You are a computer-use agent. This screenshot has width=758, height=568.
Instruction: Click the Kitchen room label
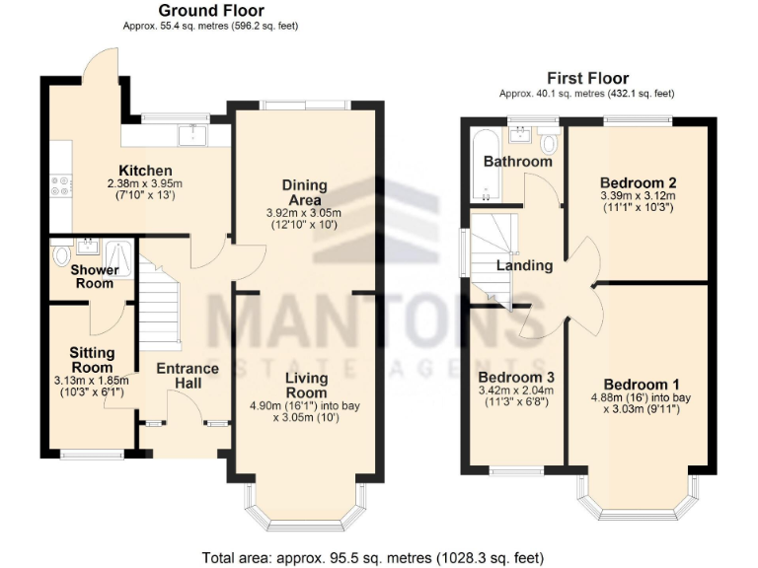tap(145, 171)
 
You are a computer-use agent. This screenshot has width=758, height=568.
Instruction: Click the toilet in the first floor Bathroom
tap(549, 145)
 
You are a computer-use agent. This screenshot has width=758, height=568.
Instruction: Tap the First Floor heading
tap(587, 78)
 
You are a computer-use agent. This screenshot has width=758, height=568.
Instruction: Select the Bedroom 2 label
tap(638, 182)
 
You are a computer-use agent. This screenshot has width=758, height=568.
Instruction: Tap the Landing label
tap(524, 265)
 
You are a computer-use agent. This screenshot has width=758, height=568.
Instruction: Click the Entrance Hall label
tap(187, 376)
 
